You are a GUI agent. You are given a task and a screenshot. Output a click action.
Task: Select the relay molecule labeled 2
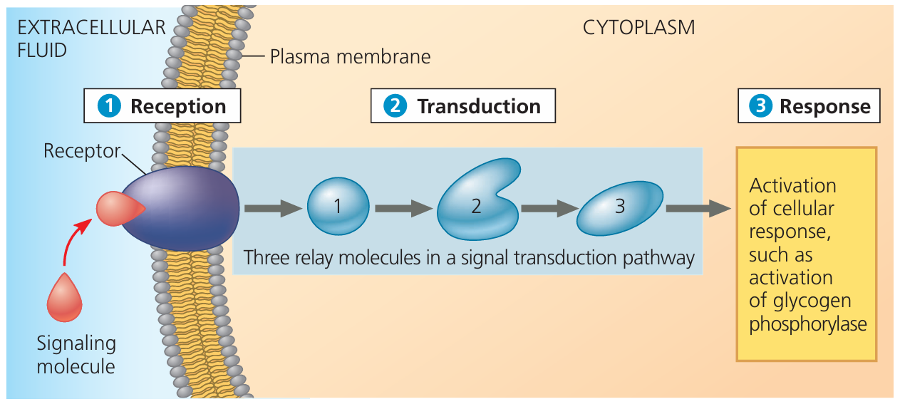476,203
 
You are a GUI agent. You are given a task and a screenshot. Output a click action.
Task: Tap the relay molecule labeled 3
619,207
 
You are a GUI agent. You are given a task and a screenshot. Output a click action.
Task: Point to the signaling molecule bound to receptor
119,209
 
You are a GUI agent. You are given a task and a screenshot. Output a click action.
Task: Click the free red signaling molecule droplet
64,299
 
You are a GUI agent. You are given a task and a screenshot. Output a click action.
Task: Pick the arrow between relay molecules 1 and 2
403,209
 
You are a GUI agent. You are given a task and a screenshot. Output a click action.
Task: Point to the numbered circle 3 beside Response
760,107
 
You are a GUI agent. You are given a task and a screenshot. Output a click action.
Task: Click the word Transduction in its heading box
479,107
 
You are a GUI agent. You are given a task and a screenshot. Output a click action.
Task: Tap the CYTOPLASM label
638,28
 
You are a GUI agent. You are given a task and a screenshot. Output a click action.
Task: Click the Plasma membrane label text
350,56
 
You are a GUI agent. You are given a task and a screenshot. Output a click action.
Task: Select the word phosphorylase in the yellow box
807,323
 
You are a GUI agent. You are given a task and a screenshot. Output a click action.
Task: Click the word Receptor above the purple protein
81,150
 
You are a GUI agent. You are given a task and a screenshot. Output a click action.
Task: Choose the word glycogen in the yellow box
800,300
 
